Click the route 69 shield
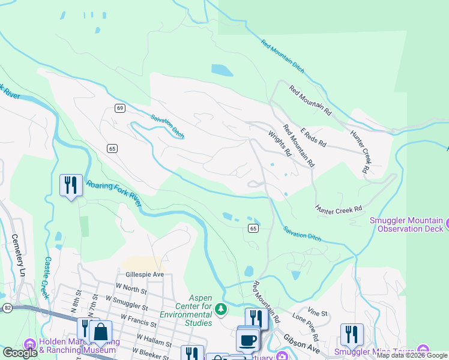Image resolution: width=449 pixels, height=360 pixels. click(x=120, y=108)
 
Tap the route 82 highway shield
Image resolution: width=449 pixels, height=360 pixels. click(x=7, y=307)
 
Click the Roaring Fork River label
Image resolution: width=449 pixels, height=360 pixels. click(x=114, y=193)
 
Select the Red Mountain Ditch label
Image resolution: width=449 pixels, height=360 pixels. click(x=283, y=56)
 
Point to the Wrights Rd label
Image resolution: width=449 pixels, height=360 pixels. click(x=280, y=144)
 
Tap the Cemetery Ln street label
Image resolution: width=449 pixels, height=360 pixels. click(x=19, y=251)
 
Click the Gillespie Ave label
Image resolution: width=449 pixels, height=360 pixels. click(x=141, y=274)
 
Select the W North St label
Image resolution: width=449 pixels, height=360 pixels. click(x=132, y=288)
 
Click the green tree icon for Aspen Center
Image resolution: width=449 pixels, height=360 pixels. click(x=221, y=310)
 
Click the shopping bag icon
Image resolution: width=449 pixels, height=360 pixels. click(x=101, y=331)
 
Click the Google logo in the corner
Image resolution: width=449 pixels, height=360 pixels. click(x=20, y=353)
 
